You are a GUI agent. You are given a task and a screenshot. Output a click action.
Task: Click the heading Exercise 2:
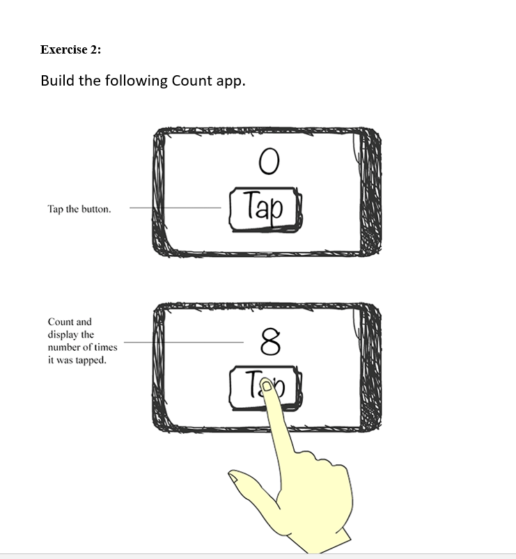pos(70,49)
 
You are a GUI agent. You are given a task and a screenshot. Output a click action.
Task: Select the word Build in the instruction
pos(58,81)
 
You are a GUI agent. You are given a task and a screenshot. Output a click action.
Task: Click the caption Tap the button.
pos(79,209)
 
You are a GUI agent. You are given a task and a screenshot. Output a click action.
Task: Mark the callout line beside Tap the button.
pos(175,207)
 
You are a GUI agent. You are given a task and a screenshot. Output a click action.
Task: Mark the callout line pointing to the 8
pos(184,342)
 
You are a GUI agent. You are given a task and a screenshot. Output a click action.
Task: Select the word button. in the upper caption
pos(96,209)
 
